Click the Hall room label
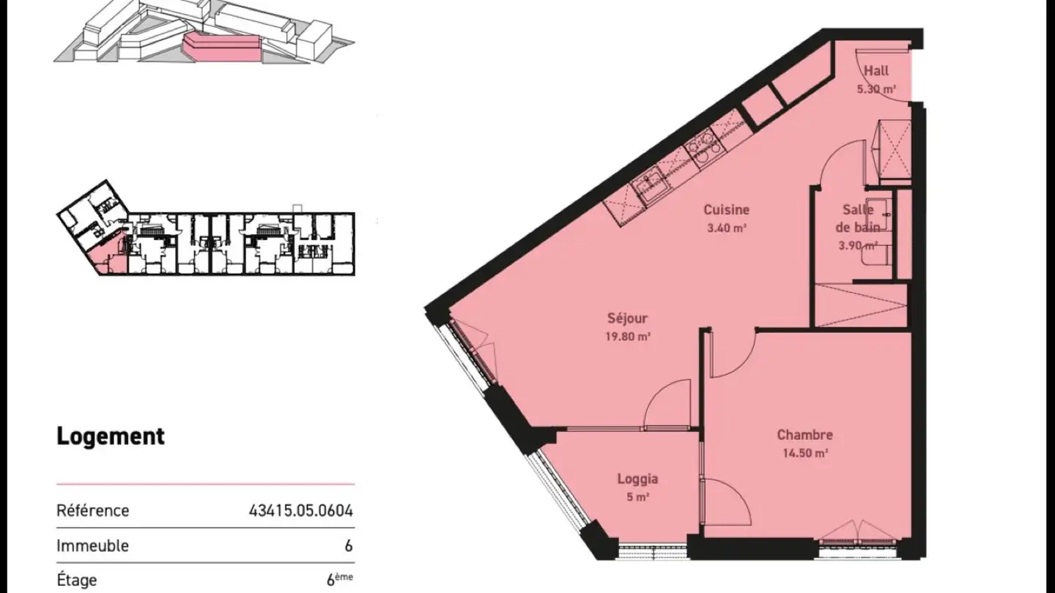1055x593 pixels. pos(876,71)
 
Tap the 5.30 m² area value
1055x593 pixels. pos(877,89)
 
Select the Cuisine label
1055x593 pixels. pos(727,210)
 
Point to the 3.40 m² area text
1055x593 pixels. pos(727,228)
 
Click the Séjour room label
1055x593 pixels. pos(628,318)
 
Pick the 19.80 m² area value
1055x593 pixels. pos(629,337)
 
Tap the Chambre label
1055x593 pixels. pos(804,435)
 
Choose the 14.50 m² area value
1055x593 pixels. pos(804,453)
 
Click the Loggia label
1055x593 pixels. pos(637,479)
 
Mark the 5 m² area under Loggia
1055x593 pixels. pos(637,497)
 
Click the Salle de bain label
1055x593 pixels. pos(858,217)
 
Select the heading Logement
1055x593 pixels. pos(111,436)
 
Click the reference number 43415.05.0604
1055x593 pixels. pos(301,510)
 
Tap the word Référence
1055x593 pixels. pos(93,510)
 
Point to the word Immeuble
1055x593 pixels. pos(92,545)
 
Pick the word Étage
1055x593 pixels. pos(77,581)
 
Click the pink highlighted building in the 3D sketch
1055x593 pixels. pos(222,47)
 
